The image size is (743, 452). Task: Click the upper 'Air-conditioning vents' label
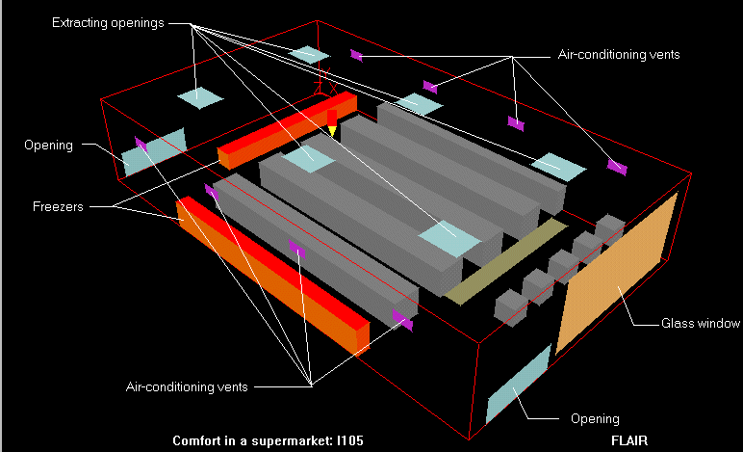tap(619, 55)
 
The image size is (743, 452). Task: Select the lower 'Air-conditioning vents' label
tap(187, 386)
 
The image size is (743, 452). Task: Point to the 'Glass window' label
tap(701, 323)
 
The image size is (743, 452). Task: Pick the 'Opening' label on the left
tap(49, 146)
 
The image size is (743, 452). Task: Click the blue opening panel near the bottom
tap(517, 384)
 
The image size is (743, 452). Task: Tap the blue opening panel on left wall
tap(153, 151)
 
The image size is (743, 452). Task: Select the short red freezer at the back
tap(287, 130)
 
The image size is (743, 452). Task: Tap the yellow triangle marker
tap(331, 130)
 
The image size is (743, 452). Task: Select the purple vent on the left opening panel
tap(141, 146)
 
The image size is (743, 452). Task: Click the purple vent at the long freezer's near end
tap(402, 321)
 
